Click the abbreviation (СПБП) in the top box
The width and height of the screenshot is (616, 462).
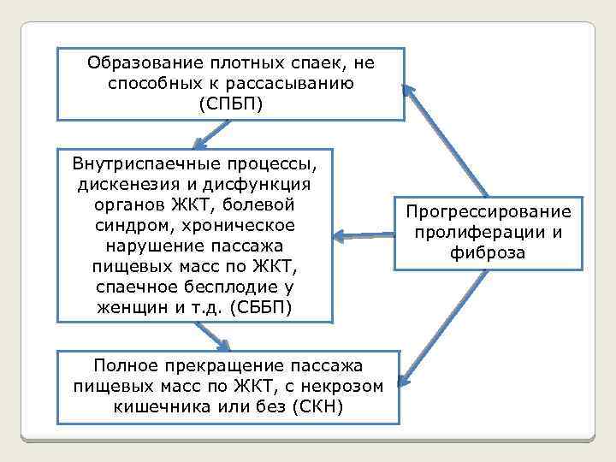(x=231, y=105)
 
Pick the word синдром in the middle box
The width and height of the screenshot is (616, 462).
(x=127, y=225)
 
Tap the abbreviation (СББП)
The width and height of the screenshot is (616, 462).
(x=262, y=307)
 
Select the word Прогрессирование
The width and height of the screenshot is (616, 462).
(x=488, y=211)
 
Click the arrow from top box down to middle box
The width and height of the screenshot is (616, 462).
(x=210, y=133)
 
